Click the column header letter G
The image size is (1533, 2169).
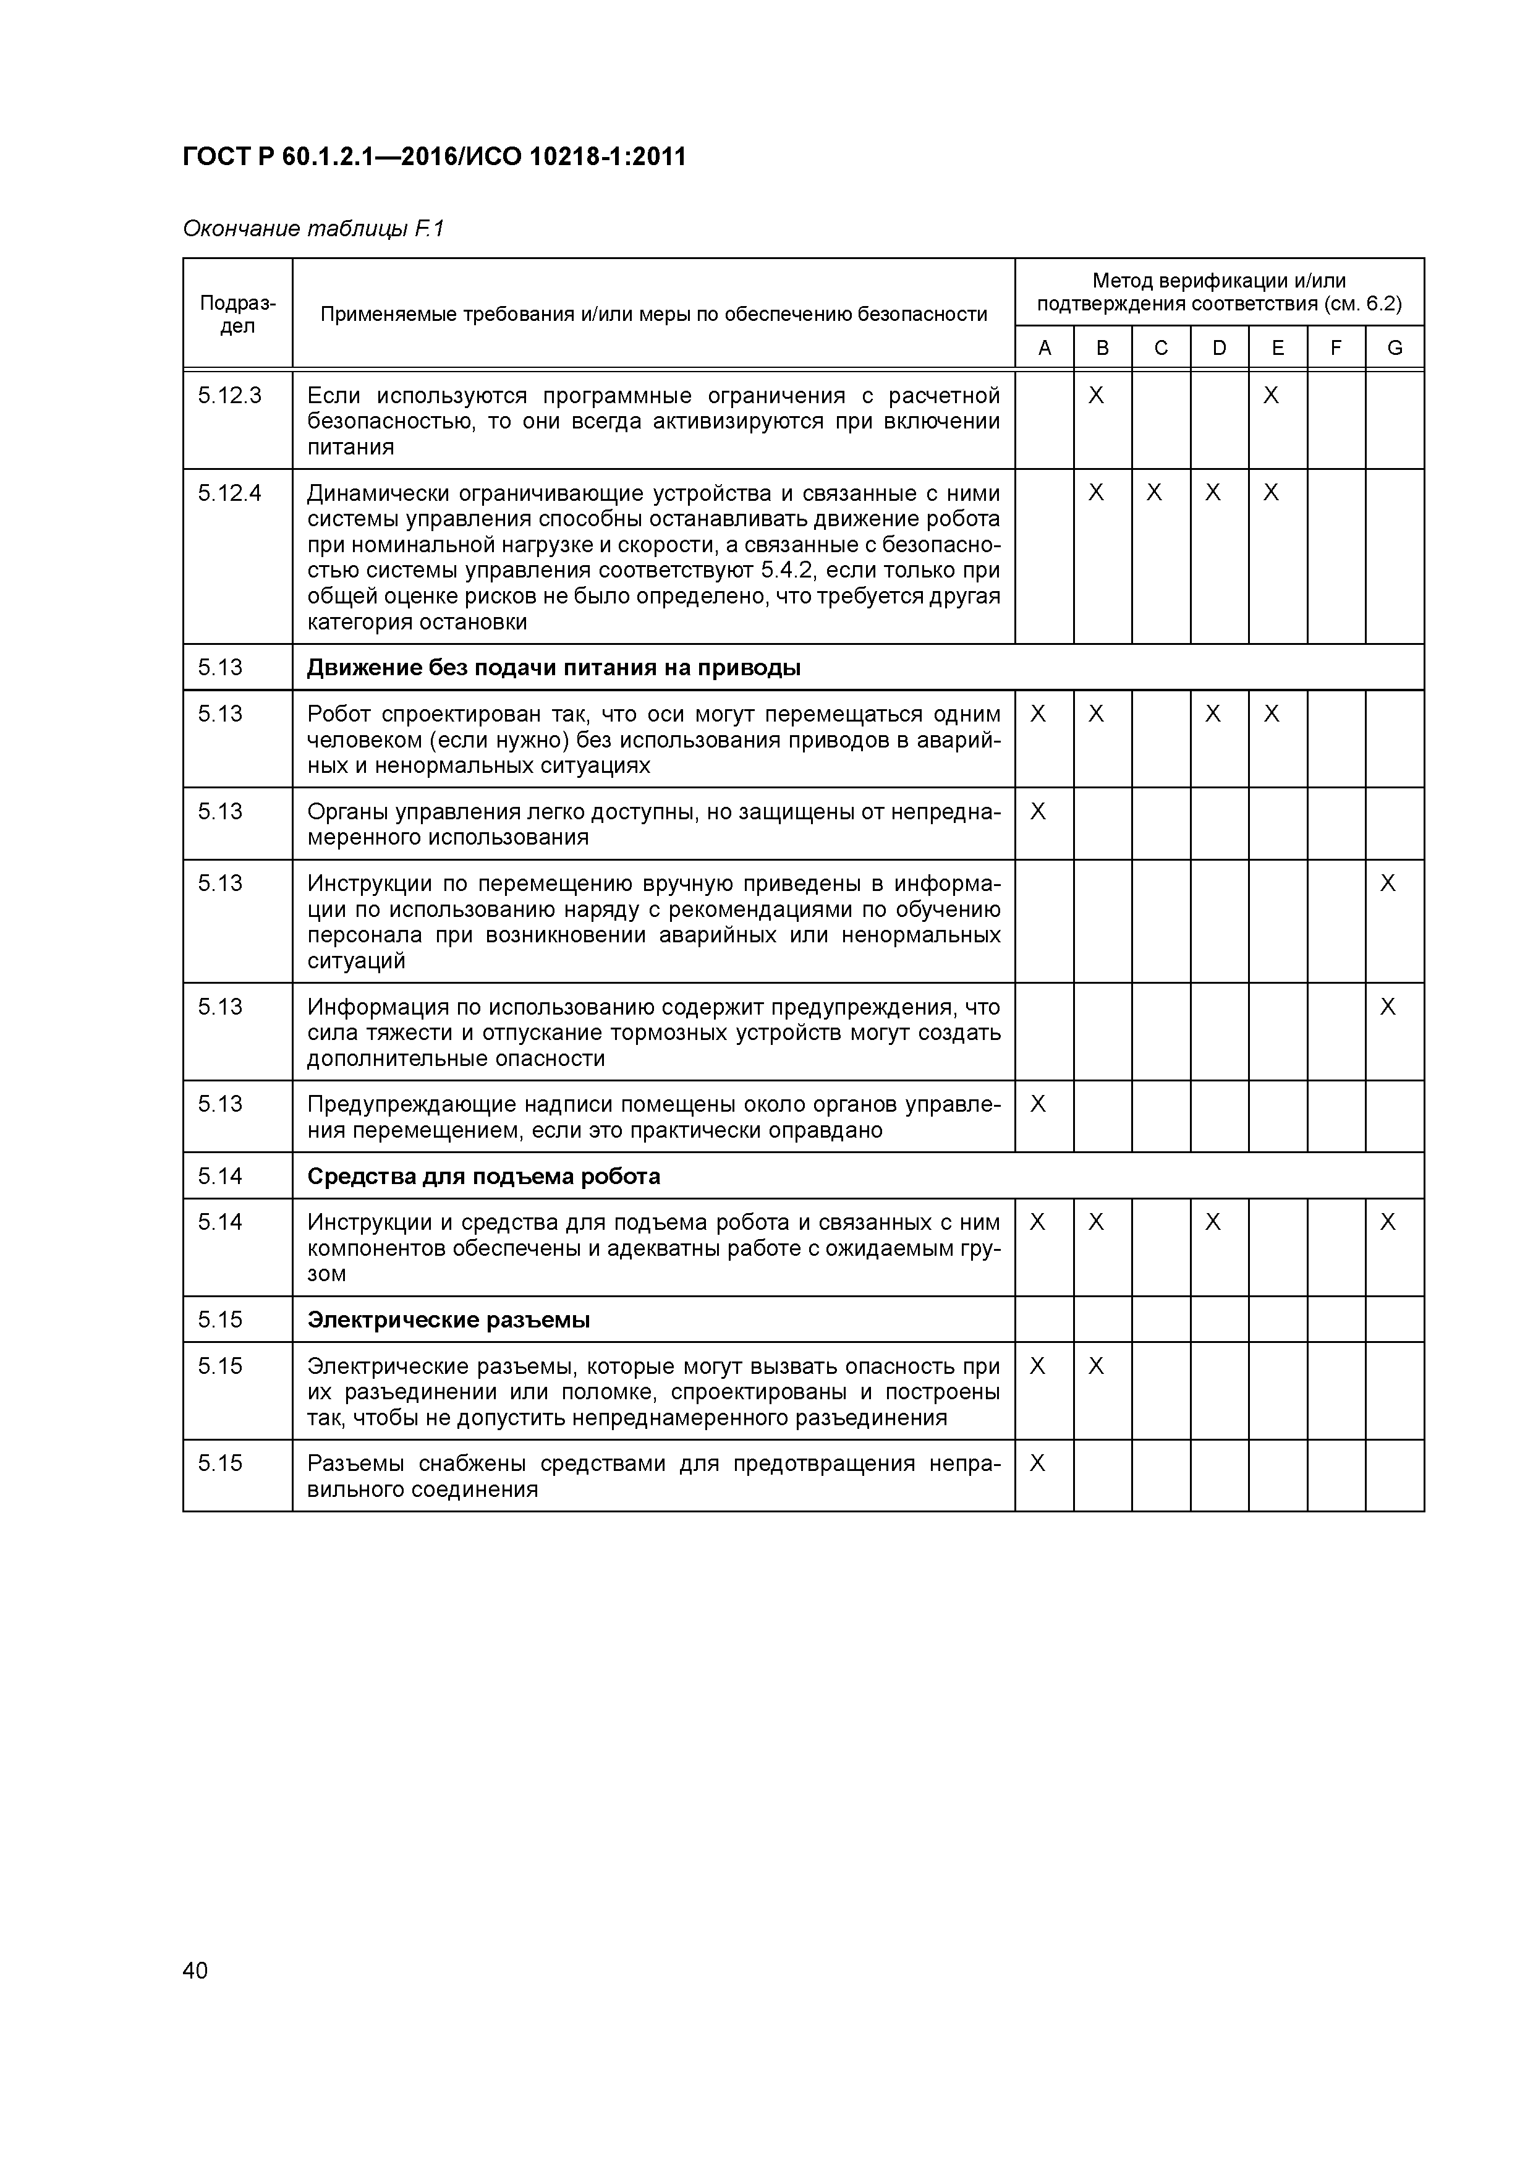tap(1394, 347)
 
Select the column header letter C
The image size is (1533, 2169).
tap(1161, 347)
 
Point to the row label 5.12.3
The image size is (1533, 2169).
tap(229, 395)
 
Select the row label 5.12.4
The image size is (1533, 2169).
tap(229, 493)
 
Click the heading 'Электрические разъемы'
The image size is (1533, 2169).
tap(449, 1319)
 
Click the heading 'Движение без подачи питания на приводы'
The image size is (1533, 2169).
tap(553, 668)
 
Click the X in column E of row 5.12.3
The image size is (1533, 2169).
tap(1272, 395)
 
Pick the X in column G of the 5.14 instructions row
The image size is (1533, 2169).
tap(1388, 1222)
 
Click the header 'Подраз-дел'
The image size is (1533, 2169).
tap(237, 313)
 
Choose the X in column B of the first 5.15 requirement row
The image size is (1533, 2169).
tap(1096, 1366)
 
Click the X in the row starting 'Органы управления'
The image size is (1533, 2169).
tap(1037, 811)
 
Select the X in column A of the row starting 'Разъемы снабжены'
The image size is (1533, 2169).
tap(1037, 1464)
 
